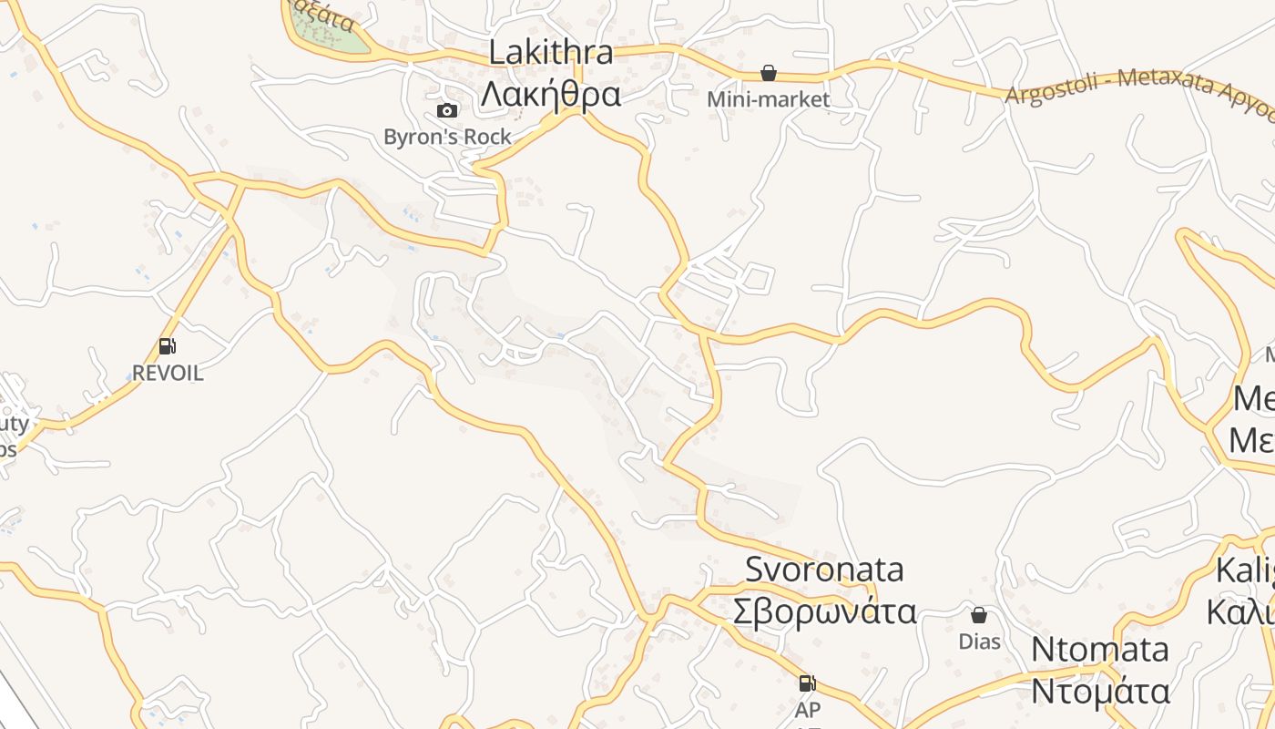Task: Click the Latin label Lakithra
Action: click(x=551, y=52)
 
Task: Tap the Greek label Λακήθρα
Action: click(x=551, y=94)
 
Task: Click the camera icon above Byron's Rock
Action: click(x=447, y=111)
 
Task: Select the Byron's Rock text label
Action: click(x=447, y=137)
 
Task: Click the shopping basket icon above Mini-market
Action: click(x=769, y=73)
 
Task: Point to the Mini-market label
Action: click(x=769, y=99)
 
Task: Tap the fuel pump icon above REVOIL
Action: click(x=167, y=346)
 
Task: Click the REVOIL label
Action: click(x=168, y=374)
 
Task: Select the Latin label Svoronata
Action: click(x=824, y=570)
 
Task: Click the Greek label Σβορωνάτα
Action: click(x=824, y=611)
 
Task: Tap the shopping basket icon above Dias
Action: click(x=979, y=615)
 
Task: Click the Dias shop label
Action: click(x=979, y=642)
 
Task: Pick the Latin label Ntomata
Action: click(x=1099, y=650)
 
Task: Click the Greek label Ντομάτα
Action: click(x=1099, y=691)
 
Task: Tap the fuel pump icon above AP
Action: click(x=807, y=683)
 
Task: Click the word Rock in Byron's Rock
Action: click(x=486, y=137)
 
